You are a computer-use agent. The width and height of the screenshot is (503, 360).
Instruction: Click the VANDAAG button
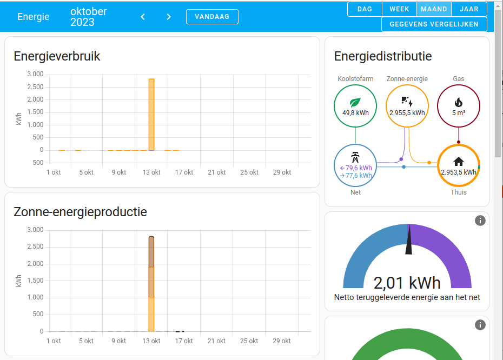pyautogui.click(x=212, y=17)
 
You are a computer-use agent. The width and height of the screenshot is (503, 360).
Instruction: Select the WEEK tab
pyautogui.click(x=399, y=9)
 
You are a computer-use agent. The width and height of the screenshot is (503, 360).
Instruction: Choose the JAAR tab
pyautogui.click(x=469, y=9)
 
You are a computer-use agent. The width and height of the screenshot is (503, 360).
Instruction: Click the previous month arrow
pyautogui.click(x=143, y=17)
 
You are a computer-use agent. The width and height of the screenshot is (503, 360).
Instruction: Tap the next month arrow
pyautogui.click(x=169, y=17)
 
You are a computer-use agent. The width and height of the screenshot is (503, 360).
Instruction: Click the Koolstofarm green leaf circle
pyautogui.click(x=355, y=105)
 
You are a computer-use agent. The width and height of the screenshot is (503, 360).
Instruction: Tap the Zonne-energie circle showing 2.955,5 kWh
pyautogui.click(x=407, y=105)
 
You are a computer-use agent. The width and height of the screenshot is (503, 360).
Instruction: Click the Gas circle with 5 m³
pyautogui.click(x=458, y=105)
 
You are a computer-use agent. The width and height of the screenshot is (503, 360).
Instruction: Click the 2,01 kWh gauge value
pyautogui.click(x=407, y=282)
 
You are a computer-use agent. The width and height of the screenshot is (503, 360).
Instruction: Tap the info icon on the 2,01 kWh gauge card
pyautogui.click(x=480, y=221)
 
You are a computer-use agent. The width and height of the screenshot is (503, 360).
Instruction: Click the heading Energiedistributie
pyautogui.click(x=383, y=56)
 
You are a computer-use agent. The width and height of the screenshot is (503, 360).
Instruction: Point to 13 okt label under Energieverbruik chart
pyautogui.click(x=151, y=172)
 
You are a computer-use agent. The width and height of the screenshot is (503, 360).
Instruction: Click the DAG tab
pyautogui.click(x=365, y=9)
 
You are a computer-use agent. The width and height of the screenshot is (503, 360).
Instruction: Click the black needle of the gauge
pyautogui.click(x=409, y=240)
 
